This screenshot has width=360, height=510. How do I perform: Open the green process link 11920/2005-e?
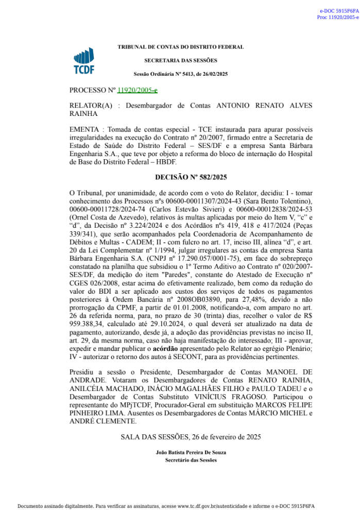(x=138, y=90)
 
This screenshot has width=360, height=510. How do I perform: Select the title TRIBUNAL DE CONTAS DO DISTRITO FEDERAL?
(x=181, y=47)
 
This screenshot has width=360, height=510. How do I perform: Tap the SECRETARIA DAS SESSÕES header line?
(x=181, y=60)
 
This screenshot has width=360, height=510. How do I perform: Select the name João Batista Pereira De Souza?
(x=191, y=452)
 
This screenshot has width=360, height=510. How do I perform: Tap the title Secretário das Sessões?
(x=191, y=460)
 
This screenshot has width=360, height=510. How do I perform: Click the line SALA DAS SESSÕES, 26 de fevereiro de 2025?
(x=191, y=437)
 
